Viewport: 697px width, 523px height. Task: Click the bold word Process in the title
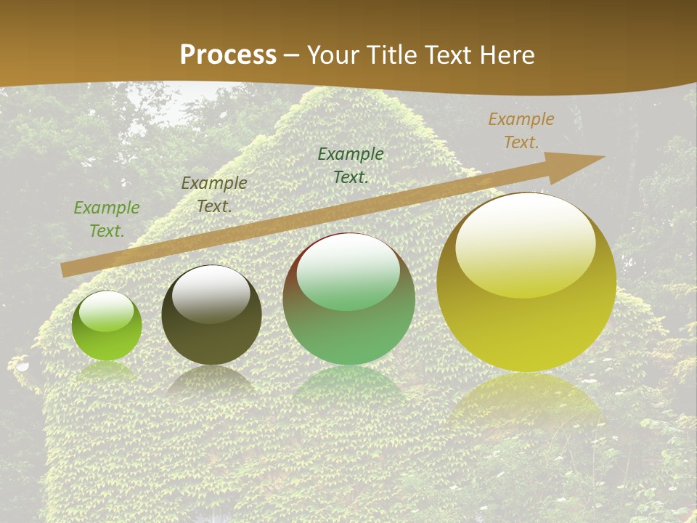[228, 55]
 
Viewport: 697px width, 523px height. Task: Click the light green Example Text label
[107, 219]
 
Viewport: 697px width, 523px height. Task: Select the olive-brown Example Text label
[214, 194]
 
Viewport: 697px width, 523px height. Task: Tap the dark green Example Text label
[351, 165]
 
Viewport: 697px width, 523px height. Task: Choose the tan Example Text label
[521, 130]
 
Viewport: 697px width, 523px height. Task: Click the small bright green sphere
[107, 326]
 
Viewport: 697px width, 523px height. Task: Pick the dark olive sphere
[211, 315]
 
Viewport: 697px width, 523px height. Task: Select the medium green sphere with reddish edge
[349, 299]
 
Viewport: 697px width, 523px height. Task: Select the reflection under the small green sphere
[107, 371]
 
